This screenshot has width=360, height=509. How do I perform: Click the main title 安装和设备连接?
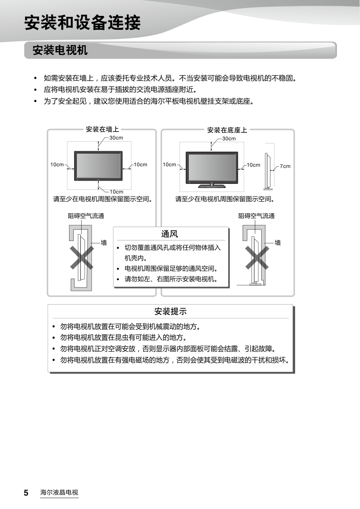82,23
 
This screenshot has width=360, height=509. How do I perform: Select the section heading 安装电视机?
60,50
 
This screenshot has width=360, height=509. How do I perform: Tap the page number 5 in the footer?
26,493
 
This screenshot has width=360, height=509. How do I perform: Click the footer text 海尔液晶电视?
59,492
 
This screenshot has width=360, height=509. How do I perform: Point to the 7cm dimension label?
285,166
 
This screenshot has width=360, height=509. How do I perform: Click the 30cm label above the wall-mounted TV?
116,138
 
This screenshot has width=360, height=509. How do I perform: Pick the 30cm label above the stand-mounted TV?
229,138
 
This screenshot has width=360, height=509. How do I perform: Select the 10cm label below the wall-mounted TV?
116,192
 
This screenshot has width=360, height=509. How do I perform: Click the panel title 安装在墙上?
103,129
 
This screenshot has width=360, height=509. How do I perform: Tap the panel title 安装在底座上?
227,130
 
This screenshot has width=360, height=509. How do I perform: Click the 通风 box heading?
170,234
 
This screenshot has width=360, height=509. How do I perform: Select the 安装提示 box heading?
170,311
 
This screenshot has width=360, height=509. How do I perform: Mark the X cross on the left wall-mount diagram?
82,258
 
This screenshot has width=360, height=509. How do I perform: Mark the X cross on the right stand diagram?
257,258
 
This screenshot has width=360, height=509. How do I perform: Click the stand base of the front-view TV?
212,186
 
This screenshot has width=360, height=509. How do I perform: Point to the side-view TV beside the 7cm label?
268,172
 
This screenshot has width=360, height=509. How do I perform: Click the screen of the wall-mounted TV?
98,165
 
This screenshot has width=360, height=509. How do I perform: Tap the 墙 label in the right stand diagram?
278,243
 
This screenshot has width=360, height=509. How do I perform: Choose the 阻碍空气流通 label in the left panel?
86,216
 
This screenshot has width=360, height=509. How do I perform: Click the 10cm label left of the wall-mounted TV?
57,165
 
